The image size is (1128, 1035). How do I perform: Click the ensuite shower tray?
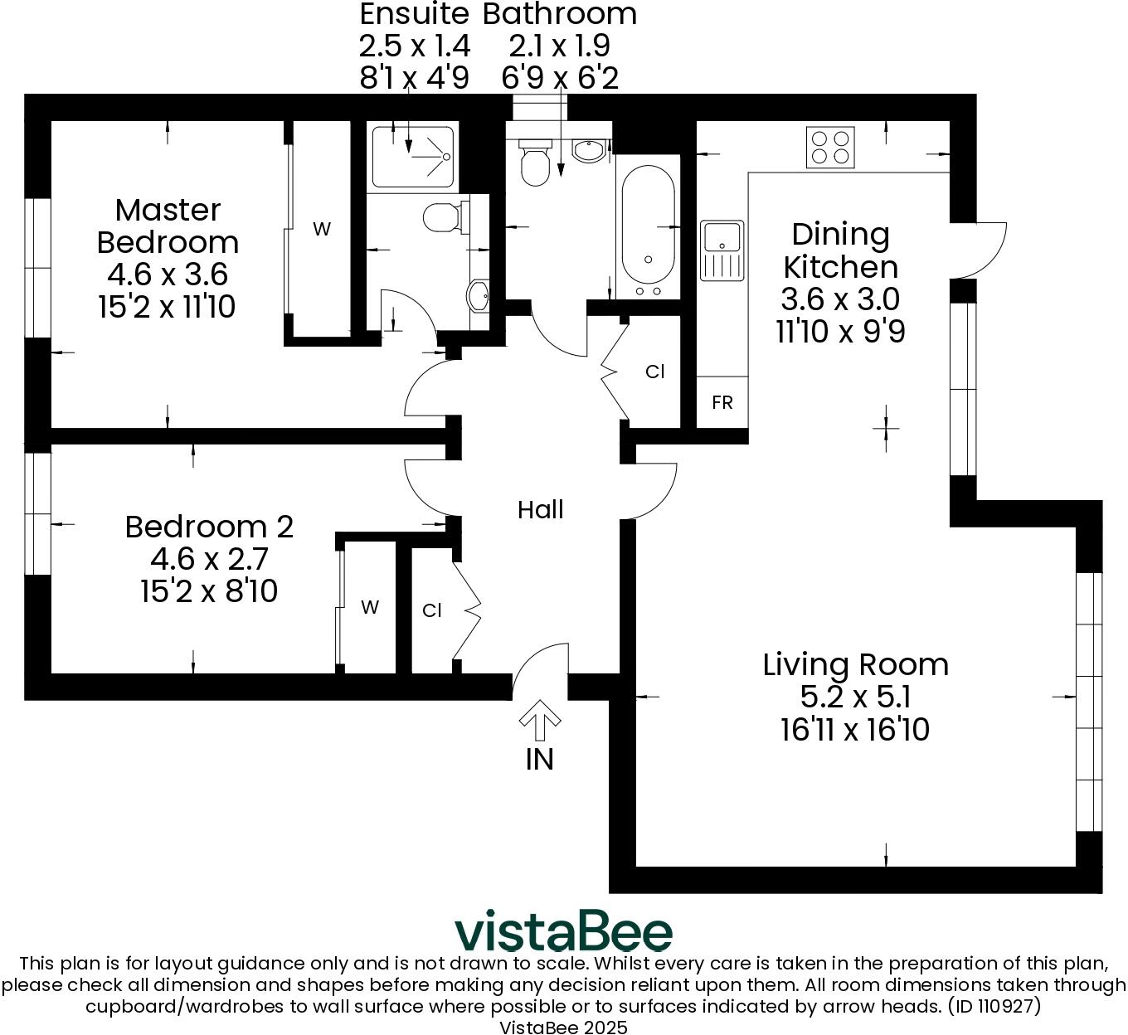tap(412, 157)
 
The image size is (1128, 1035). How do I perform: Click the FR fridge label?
tap(722, 403)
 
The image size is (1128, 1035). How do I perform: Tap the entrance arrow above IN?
tap(540, 719)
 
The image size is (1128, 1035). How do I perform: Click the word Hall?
tap(540, 510)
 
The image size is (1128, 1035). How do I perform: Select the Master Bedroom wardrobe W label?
tap(321, 230)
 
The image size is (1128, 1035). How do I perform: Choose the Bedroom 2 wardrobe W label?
tap(370, 608)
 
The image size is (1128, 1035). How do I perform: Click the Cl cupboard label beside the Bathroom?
tap(655, 372)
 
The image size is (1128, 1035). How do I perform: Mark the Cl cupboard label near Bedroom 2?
tap(432, 611)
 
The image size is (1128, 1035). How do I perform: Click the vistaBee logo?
tap(563, 933)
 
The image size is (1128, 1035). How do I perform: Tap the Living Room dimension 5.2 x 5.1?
tap(855, 697)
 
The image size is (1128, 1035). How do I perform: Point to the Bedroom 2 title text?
tap(209, 527)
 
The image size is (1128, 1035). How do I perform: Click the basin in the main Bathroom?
tap(590, 151)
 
